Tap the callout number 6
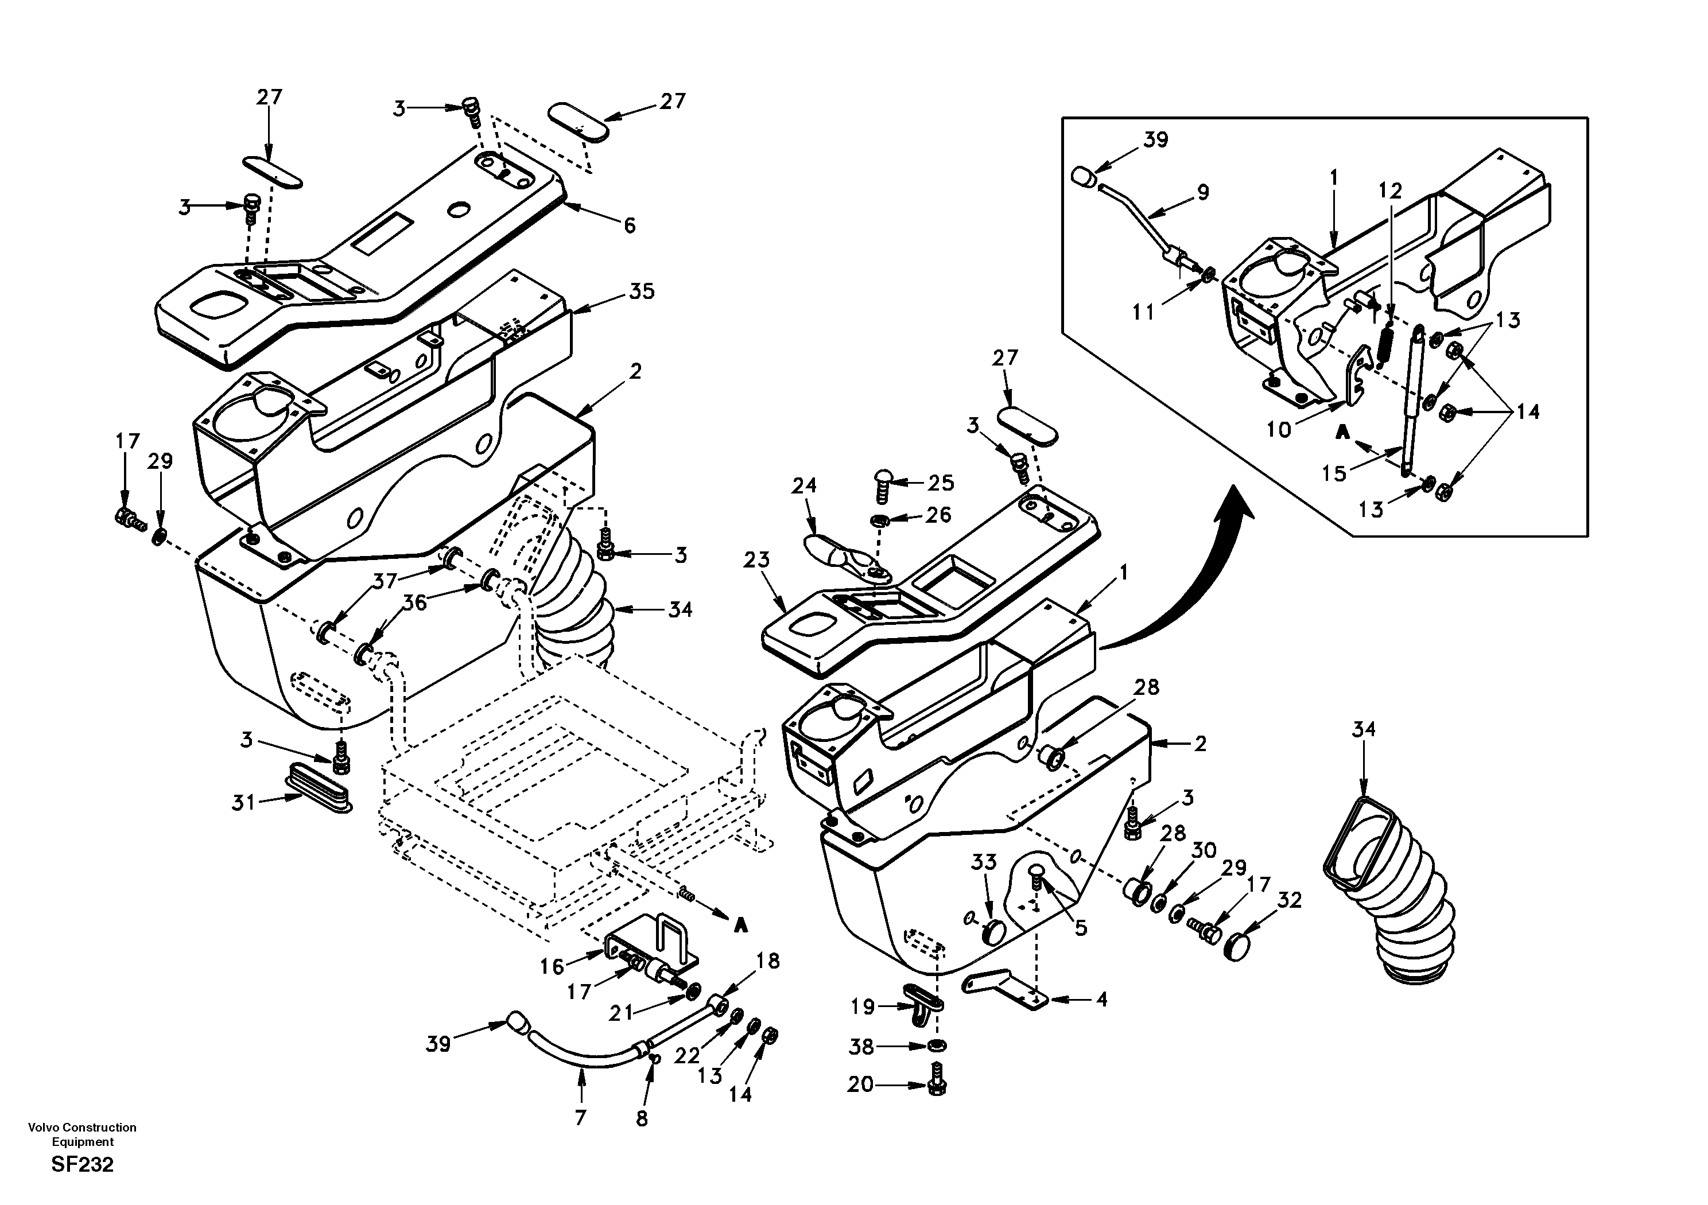click(x=630, y=226)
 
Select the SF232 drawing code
click(x=83, y=1165)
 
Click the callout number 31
click(x=243, y=803)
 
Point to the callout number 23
click(x=756, y=560)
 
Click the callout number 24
click(x=803, y=485)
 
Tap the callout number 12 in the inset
click(x=1389, y=191)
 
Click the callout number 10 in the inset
click(x=1278, y=430)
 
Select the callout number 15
click(x=1334, y=473)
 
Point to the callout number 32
click(x=1288, y=900)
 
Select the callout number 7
click(x=580, y=1117)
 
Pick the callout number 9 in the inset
click(x=1203, y=192)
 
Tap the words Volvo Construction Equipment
click(x=82, y=1134)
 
